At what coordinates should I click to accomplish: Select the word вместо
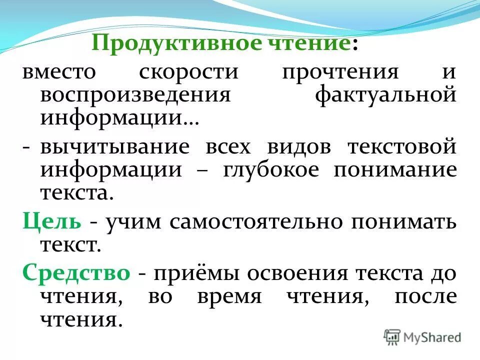point(58,71)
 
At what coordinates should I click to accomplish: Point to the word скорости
point(188,71)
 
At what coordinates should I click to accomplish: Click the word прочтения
point(340,71)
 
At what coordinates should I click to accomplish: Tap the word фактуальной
point(385,95)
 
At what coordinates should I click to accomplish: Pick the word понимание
point(395,170)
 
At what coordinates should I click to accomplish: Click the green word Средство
point(76,273)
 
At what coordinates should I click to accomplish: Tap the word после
point(425,297)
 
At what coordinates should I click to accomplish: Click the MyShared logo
point(422,336)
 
